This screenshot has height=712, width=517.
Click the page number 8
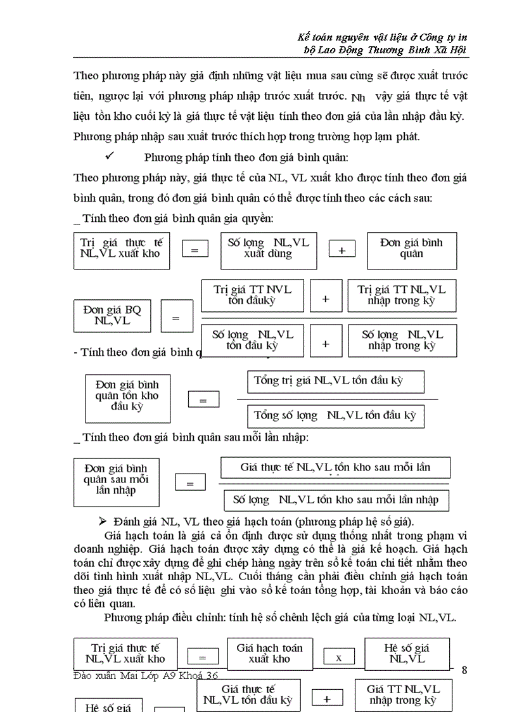(465, 670)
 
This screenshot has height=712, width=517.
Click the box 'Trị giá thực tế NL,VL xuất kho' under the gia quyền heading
(122, 251)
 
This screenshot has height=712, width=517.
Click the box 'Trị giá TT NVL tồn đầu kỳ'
(252, 295)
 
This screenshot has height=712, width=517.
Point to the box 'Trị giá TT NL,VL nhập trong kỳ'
(402, 295)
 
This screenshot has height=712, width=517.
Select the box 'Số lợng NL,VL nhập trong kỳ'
(402, 340)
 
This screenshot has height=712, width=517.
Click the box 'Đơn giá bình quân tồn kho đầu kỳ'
(127, 398)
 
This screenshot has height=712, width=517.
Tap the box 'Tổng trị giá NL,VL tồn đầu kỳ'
(335, 382)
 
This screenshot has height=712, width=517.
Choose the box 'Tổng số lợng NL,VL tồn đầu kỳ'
(335, 416)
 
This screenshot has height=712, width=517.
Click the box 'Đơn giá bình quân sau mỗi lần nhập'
(116, 482)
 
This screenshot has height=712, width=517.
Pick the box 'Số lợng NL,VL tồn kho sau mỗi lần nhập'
(336, 500)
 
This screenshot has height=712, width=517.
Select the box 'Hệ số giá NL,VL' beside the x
(407, 654)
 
